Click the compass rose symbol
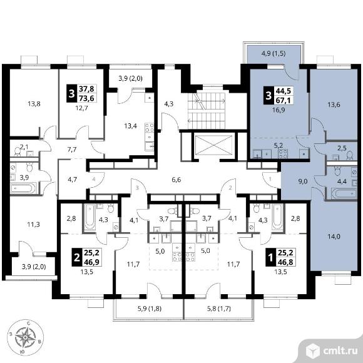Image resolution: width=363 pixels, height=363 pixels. pos(25,337)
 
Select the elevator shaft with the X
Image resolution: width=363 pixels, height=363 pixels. pos(213,145)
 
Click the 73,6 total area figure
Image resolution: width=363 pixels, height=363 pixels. pos(86,98)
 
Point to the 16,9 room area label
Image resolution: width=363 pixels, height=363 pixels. pos(279,110)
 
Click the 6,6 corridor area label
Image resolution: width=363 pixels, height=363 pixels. pos(176,180)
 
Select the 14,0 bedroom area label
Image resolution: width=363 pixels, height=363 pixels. pos(334,237)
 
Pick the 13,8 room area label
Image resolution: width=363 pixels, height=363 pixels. pos(34,104)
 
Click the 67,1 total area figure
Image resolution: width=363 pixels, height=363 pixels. pos(284,100)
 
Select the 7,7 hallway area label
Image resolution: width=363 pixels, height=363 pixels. pos(72,150)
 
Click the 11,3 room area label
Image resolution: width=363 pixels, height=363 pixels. pos(33,224)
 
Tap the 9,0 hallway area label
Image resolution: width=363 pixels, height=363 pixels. pos(302,181)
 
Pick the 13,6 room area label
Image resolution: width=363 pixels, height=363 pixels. pos(334,105)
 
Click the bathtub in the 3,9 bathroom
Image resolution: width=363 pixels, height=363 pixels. pos(23,188)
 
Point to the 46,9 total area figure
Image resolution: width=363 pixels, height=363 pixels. pos(91,262)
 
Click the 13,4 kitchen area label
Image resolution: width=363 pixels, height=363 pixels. pos(130,126)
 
